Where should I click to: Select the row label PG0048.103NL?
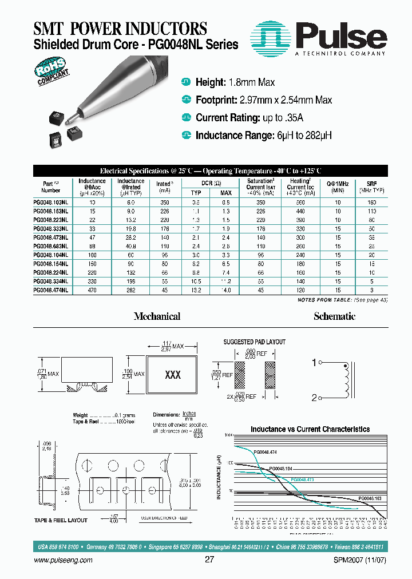[51, 203]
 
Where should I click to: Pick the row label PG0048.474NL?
[51, 290]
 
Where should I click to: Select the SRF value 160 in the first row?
[371, 203]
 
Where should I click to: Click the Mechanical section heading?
[157, 316]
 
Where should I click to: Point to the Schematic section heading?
[334, 316]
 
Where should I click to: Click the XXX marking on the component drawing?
[173, 375]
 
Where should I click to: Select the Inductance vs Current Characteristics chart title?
[310, 429]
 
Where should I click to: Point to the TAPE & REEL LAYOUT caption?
[61, 520]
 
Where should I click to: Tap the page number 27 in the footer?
[209, 561]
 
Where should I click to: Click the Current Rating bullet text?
[249, 118]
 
